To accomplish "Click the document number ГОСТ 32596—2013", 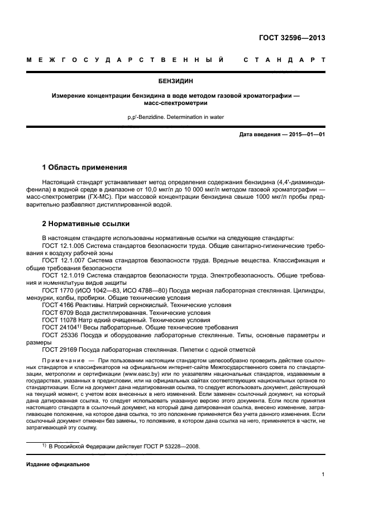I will click(x=292, y=38).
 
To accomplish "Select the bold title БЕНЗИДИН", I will click(x=184, y=80).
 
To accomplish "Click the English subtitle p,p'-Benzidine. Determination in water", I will click(x=184, y=117).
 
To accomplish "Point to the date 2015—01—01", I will click(x=306, y=135).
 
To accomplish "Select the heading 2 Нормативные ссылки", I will click(x=86, y=224).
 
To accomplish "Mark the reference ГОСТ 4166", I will click(x=57, y=305).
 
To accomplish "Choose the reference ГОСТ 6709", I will click(x=57, y=313).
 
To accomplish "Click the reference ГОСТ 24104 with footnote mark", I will click(x=61, y=328).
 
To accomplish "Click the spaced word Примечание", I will click(x=63, y=362).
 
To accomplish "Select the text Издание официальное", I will click(x=58, y=464).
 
